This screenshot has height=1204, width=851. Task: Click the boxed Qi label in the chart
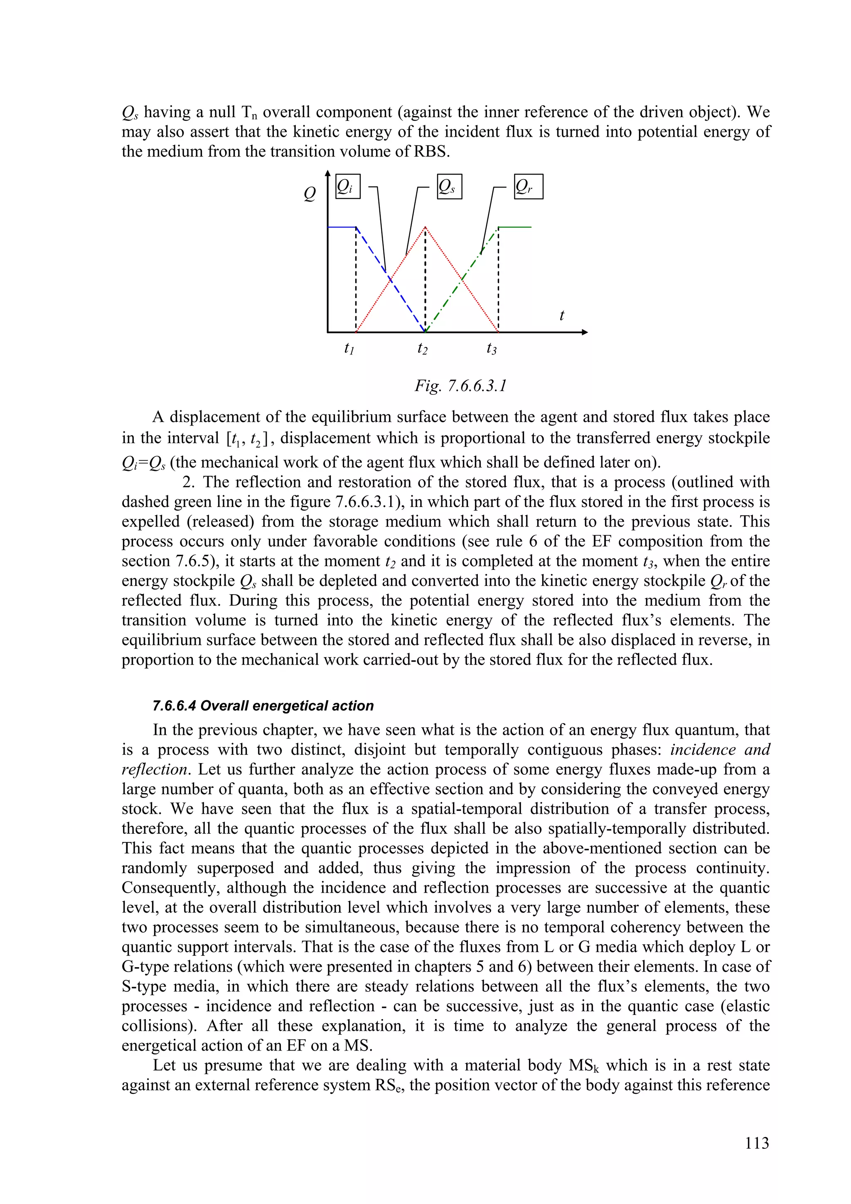(347, 187)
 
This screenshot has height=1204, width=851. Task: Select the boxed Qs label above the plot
(449, 187)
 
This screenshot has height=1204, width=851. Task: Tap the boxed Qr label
(528, 187)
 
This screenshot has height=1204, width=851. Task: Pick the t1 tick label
(349, 348)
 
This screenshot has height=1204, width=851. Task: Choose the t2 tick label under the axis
(422, 348)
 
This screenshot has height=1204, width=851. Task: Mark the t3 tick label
(491, 348)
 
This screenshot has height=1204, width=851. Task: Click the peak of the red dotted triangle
(425, 228)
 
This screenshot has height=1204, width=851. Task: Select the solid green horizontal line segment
(515, 227)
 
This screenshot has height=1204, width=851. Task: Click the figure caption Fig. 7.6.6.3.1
(460, 386)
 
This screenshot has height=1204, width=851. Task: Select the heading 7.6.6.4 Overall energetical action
(263, 706)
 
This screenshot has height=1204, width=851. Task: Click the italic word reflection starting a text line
(154, 769)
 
